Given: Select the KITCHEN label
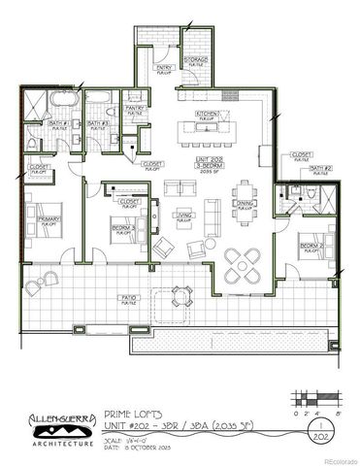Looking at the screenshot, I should (209, 115).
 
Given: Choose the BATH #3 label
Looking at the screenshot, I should (98, 125).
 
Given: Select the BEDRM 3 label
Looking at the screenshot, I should (121, 230).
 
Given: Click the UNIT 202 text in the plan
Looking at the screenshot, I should (208, 159).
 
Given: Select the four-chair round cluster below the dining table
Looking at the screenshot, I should (240, 261).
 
